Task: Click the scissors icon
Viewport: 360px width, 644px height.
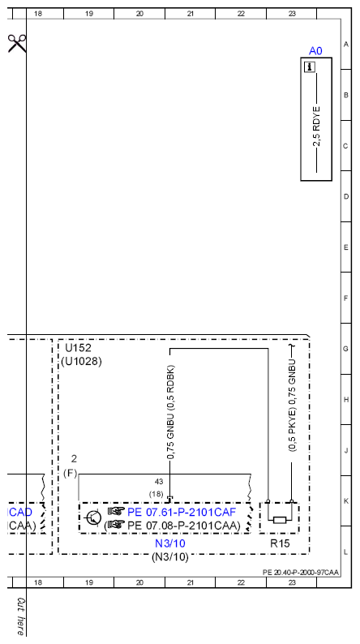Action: pos(17,43)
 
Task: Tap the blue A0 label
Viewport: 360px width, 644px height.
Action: pos(315,51)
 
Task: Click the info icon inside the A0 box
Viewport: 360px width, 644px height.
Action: pos(310,67)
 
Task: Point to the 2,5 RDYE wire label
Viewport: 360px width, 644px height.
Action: pos(316,127)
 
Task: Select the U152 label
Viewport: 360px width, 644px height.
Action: pos(79,348)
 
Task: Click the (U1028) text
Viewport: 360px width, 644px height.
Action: pos(81,362)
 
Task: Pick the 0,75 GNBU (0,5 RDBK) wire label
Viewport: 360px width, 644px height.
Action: pos(171,411)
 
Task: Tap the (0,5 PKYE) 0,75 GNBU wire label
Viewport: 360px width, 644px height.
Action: pos(292,406)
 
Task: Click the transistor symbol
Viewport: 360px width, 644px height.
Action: pos(93,517)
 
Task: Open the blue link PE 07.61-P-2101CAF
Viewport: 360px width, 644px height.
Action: pos(182,512)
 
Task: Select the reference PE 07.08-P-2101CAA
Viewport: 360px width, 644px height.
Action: pos(183,526)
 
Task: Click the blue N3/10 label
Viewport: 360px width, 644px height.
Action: pos(170,543)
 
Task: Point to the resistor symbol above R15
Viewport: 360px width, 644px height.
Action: pos(280,520)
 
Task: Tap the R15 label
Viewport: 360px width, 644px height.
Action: pos(280,543)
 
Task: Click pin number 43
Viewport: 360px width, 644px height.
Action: pos(159,481)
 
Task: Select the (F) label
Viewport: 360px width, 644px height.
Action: pos(71,474)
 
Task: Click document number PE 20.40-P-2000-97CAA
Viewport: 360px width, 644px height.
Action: pos(301,572)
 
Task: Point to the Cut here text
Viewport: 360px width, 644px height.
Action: pos(20,616)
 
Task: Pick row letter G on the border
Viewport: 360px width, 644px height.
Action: pos(346,349)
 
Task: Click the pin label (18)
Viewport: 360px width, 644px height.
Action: pos(156,494)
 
